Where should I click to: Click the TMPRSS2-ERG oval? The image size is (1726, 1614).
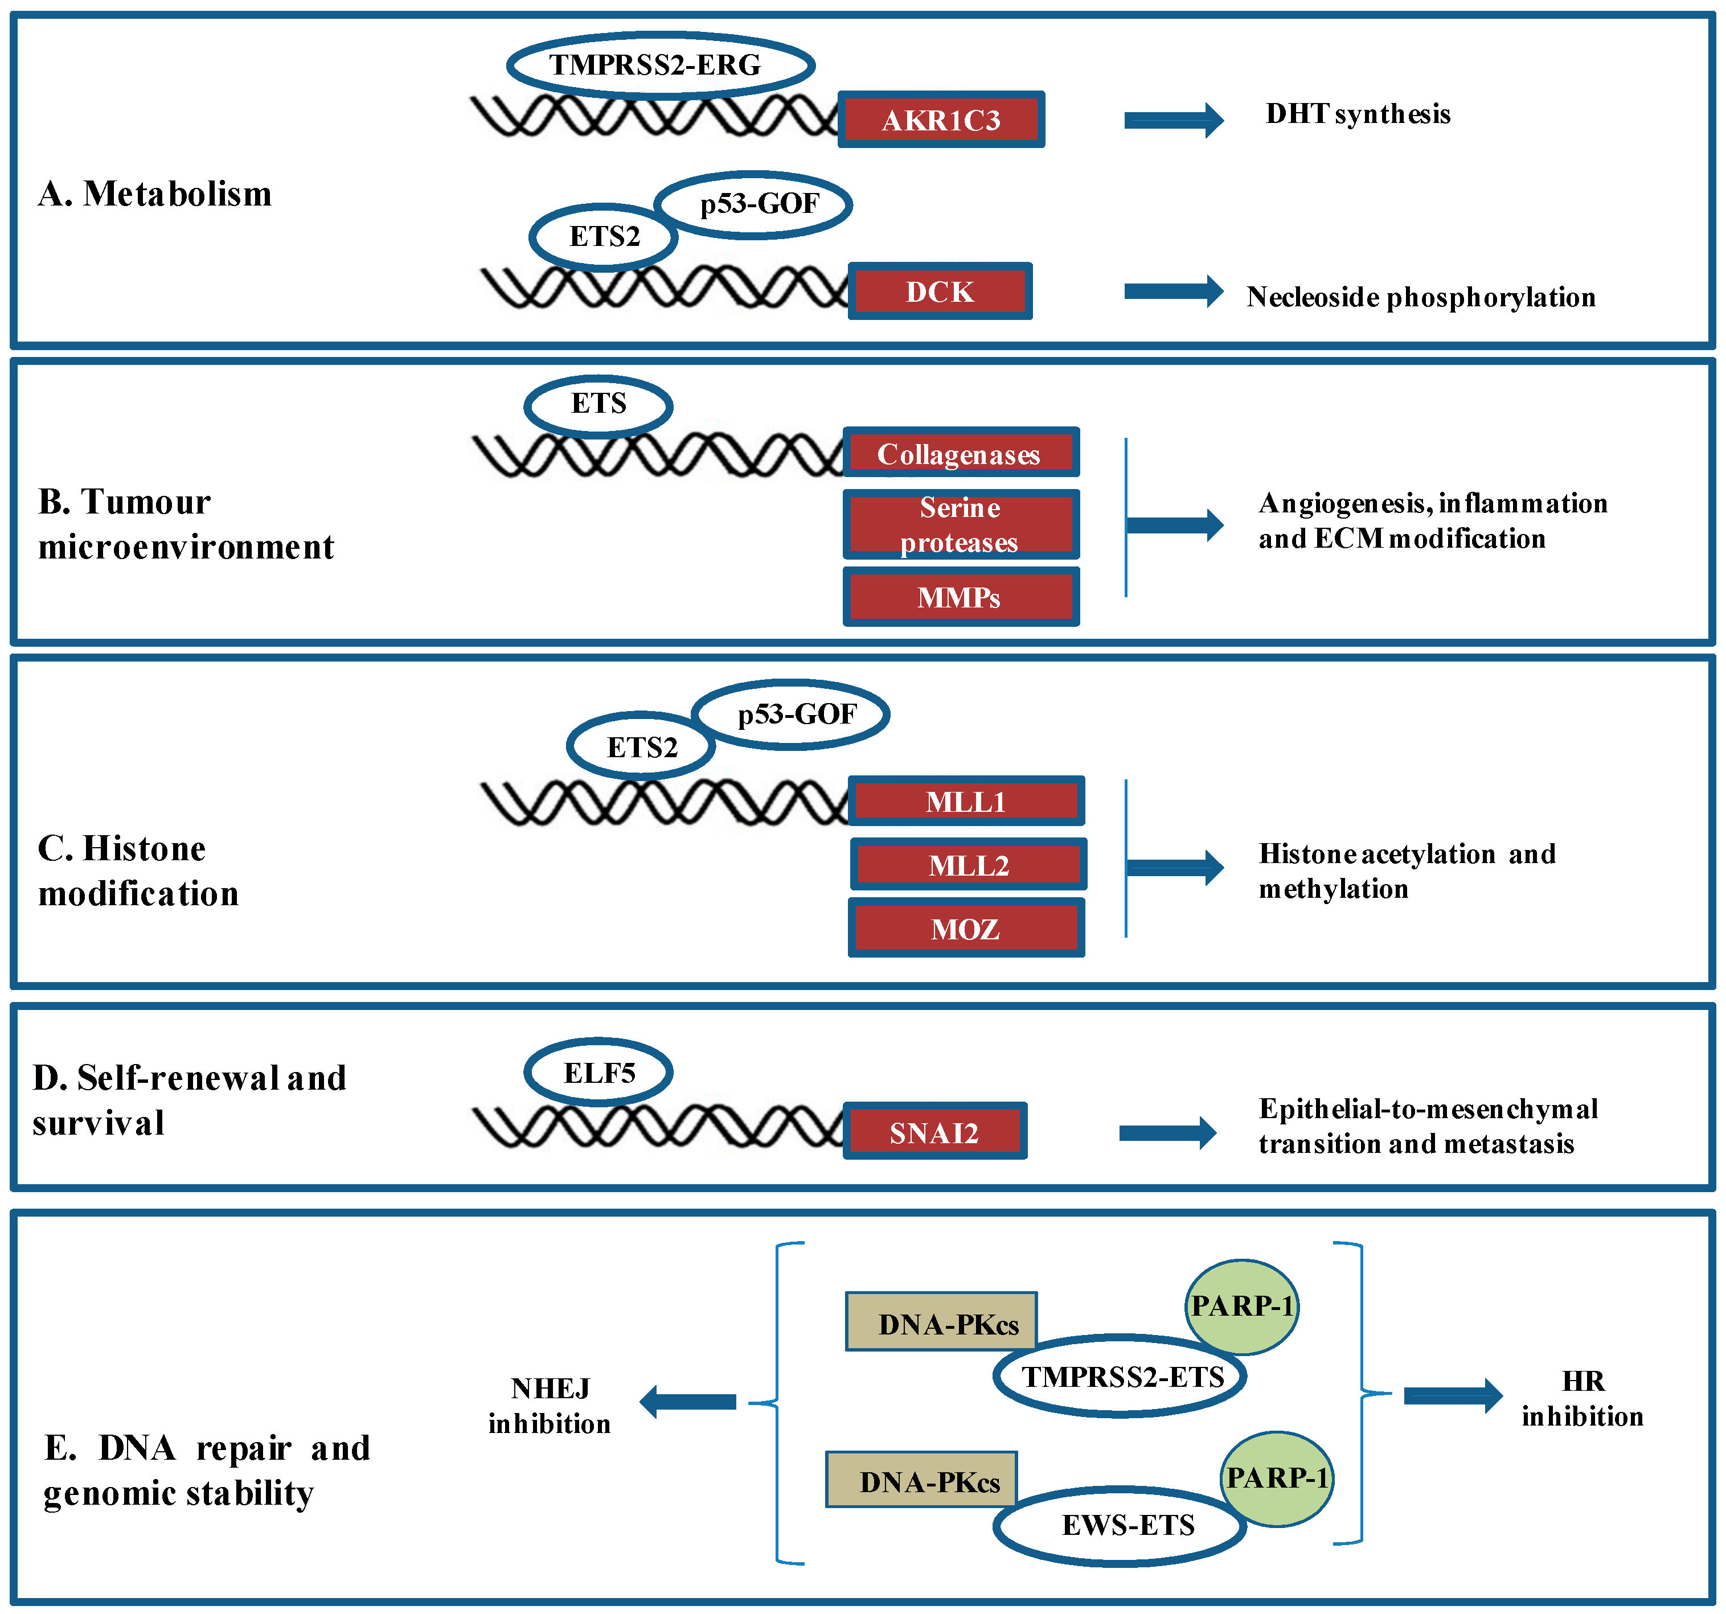click(660, 65)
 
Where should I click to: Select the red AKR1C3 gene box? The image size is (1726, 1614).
click(941, 120)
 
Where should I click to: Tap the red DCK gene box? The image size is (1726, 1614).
click(940, 291)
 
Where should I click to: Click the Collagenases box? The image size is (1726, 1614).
click(960, 453)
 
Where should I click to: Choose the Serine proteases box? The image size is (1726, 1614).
click(960, 524)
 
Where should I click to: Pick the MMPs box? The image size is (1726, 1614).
click(960, 597)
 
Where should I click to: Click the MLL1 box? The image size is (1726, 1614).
click(965, 800)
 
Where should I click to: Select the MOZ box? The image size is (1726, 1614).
click(965, 929)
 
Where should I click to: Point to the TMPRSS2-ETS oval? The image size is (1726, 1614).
click(1120, 1376)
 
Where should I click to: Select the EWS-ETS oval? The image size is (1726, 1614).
click(1120, 1525)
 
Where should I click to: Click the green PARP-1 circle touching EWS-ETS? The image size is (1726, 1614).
click(1276, 1479)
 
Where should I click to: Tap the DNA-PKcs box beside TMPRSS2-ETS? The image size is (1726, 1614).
click(941, 1323)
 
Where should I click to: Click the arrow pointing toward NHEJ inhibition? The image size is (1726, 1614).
click(688, 1401)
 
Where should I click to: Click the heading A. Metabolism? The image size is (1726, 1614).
click(154, 194)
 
